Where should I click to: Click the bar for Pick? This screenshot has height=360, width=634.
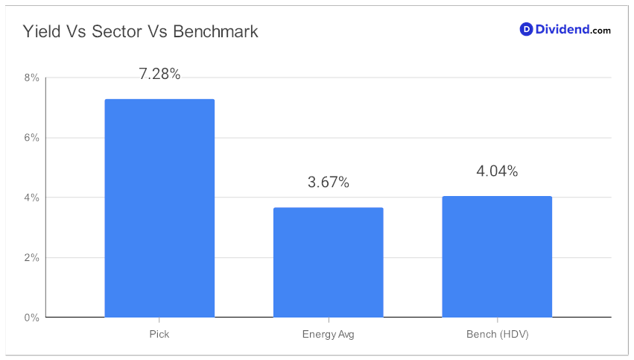[x=159, y=208]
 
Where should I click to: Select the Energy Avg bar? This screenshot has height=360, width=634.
[x=329, y=262]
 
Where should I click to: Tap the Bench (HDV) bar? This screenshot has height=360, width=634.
[x=497, y=256]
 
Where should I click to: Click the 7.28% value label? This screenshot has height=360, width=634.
[x=159, y=74]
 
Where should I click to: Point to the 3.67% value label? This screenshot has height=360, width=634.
[x=329, y=182]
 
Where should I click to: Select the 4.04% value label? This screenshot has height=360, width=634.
[x=497, y=171]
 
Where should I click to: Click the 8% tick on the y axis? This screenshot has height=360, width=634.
[x=31, y=78]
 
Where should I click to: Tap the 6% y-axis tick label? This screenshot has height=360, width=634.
[x=31, y=138]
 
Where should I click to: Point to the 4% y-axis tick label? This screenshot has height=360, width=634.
[x=31, y=198]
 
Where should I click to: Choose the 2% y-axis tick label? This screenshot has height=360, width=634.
[x=31, y=257]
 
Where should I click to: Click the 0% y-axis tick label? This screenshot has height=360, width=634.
[x=31, y=318]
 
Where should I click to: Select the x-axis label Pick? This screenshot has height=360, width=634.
[x=159, y=334]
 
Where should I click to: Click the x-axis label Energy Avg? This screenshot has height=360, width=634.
[x=329, y=335]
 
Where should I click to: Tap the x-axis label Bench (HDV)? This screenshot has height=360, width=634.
[x=498, y=335]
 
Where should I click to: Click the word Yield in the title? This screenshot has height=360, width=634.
[x=42, y=31]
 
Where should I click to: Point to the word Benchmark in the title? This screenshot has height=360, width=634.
[x=215, y=31]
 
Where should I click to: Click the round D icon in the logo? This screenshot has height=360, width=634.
[x=526, y=29]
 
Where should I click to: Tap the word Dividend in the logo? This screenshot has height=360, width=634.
[x=562, y=29]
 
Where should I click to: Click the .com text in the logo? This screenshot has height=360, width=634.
[x=600, y=31]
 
